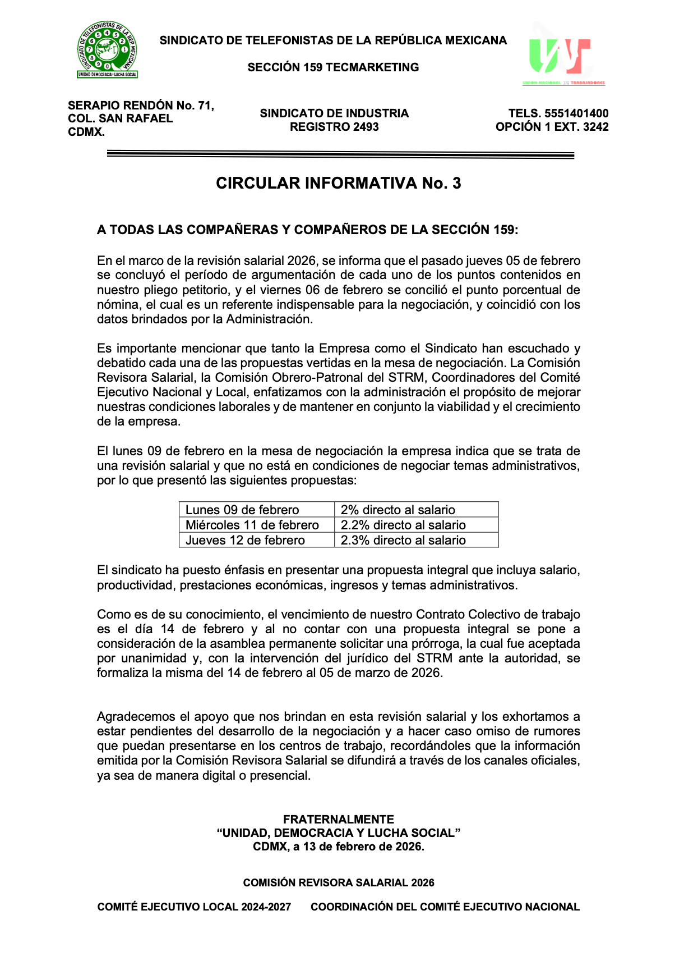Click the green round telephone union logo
(x=107, y=49)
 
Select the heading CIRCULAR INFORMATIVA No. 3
(x=338, y=183)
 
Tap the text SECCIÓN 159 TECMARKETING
(x=333, y=67)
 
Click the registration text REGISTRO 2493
(x=334, y=127)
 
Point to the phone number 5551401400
(x=576, y=113)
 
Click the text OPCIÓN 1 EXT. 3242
(x=552, y=127)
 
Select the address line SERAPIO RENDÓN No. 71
(x=141, y=106)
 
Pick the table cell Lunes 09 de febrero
(x=242, y=510)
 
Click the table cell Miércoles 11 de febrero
(x=252, y=525)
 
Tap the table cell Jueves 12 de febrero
(x=245, y=540)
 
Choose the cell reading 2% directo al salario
(x=398, y=510)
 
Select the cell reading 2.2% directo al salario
(x=403, y=525)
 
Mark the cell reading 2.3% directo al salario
(x=403, y=540)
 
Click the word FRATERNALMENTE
(x=338, y=819)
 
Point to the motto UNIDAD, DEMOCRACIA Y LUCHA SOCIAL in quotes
(x=338, y=832)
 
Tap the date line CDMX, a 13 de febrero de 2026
(x=338, y=847)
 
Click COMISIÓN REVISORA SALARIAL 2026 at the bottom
(x=338, y=882)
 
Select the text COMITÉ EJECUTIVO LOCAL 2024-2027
(x=194, y=907)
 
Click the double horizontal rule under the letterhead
(x=340, y=155)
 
